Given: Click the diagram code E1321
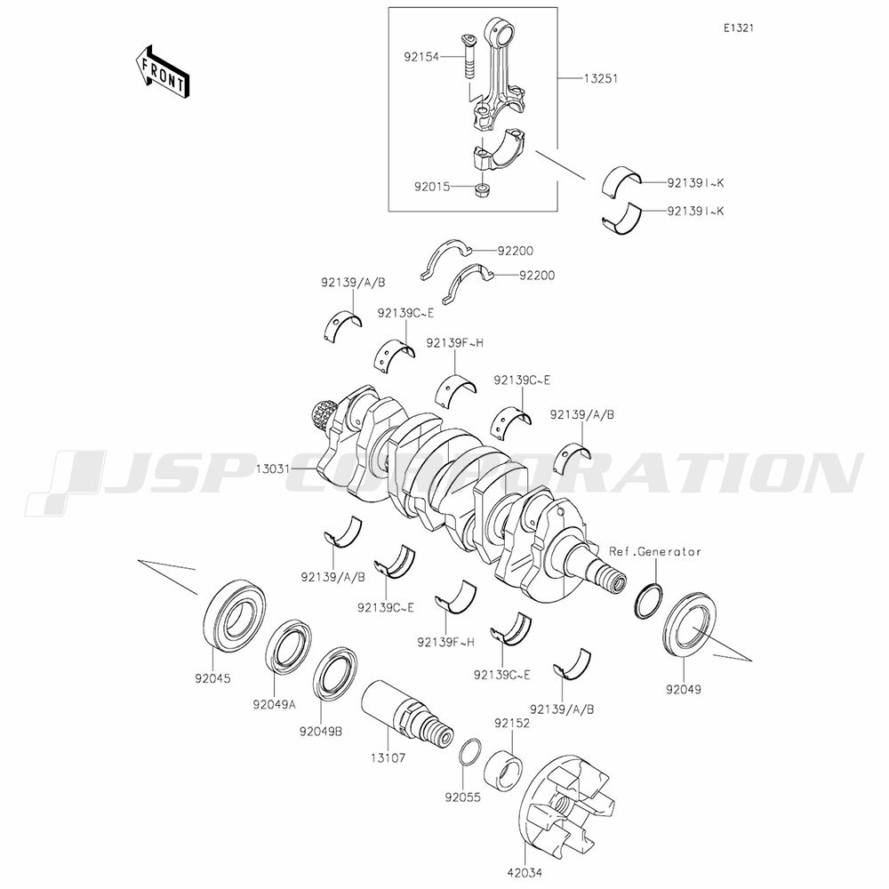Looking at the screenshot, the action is (x=738, y=28).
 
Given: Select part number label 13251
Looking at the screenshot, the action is (x=601, y=78).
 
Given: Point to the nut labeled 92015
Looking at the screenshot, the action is (x=483, y=191).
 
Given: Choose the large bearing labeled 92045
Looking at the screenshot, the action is (x=235, y=614).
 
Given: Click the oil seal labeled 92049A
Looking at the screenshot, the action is (x=289, y=646).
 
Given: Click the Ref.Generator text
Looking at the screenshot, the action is (x=655, y=551).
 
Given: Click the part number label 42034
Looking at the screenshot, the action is (x=525, y=873).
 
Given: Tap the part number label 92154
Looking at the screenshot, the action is (x=421, y=57).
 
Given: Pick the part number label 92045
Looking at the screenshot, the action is (x=212, y=678).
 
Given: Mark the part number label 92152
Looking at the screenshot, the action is (x=512, y=724).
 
